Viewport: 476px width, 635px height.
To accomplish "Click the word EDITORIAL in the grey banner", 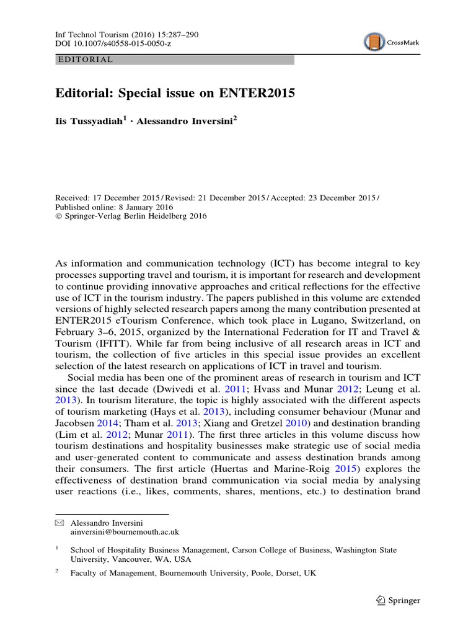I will [x=85, y=60].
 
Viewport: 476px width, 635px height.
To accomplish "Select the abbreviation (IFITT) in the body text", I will [x=107, y=341].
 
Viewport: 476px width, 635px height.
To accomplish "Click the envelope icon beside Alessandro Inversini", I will [x=59, y=522].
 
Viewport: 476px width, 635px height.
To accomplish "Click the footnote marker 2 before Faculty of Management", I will [x=57, y=573].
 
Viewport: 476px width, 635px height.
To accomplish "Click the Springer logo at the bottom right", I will [x=399, y=600].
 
